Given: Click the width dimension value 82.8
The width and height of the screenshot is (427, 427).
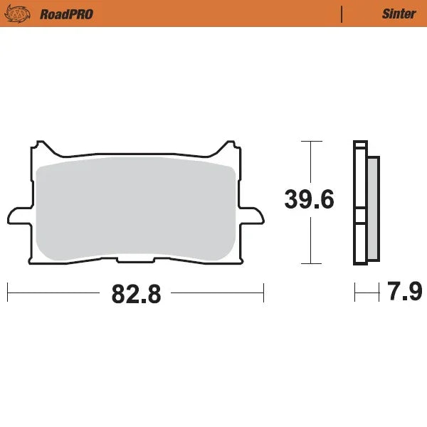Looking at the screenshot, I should click(x=136, y=292).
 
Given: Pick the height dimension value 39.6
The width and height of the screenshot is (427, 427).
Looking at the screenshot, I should click(x=309, y=199).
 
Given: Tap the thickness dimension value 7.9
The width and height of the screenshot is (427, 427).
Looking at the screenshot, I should click(x=405, y=292).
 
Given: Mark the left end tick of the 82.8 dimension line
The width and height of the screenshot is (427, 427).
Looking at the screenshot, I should click(x=7, y=292).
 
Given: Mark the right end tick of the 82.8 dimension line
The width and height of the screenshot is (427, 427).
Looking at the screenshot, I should click(x=263, y=292).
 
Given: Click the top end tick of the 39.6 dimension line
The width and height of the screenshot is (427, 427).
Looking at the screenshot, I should click(x=308, y=142).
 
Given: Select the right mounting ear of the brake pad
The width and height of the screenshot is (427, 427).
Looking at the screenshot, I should click(x=255, y=213).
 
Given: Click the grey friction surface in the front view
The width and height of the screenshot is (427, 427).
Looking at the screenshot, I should click(x=135, y=206).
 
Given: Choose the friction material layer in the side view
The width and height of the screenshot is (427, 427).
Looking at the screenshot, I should click(x=372, y=206).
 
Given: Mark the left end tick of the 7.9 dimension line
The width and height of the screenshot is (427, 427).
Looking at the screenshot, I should click(x=355, y=292).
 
